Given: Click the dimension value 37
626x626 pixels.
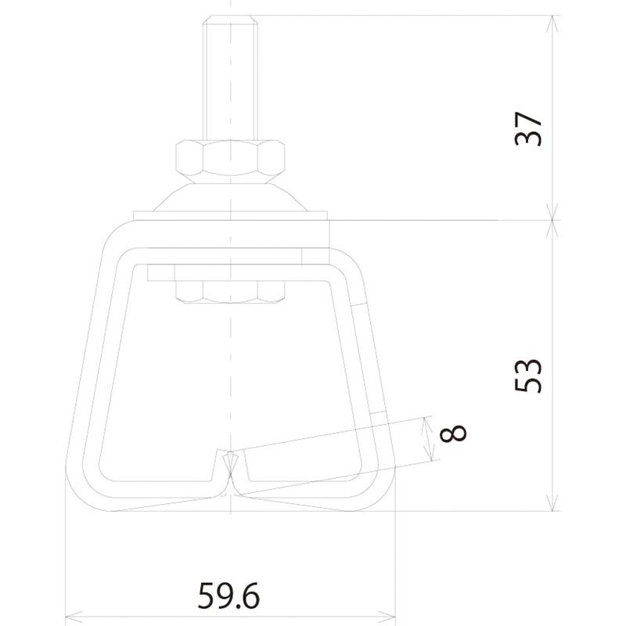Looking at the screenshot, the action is point(529,129).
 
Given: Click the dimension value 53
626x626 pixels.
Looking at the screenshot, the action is point(529,376).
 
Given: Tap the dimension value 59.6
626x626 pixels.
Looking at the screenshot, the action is point(228,595).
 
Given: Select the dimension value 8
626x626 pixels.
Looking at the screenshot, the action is point(453,434).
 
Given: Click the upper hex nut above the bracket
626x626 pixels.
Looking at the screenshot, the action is point(230,161).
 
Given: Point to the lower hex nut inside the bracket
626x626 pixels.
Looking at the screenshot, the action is point(230,292).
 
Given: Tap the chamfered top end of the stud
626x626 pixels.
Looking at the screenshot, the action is point(230,19).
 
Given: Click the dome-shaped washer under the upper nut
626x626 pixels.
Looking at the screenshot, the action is point(230,197).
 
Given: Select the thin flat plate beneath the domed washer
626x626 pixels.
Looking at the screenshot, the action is point(230,216).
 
